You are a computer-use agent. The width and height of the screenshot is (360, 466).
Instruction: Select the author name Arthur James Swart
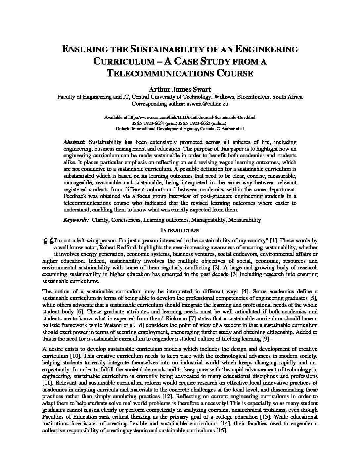pos(180,89)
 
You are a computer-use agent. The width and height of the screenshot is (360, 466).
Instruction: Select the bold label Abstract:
pos(74,142)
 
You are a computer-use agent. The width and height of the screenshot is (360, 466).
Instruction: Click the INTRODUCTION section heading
pos(180,230)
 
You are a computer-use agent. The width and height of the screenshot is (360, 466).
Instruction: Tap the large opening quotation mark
pos(48,242)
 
